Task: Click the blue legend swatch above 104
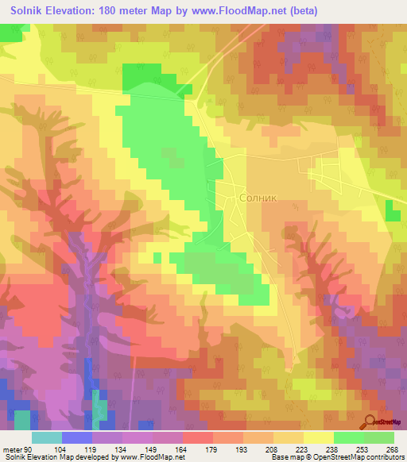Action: (76, 437)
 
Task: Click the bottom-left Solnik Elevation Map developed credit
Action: (79, 457)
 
